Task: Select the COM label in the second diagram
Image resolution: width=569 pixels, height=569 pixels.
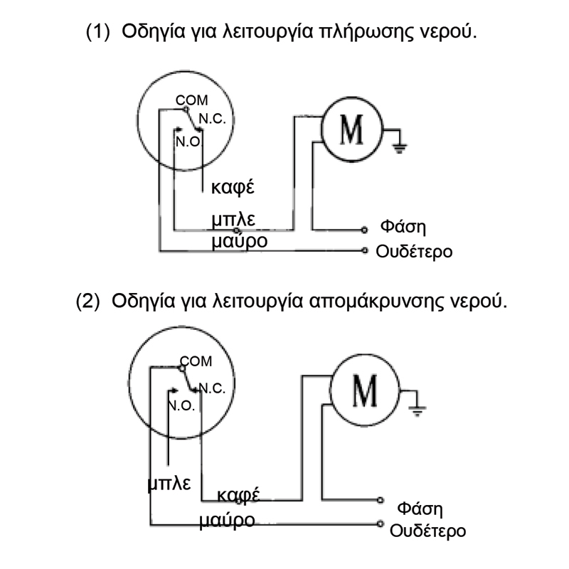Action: (197, 361)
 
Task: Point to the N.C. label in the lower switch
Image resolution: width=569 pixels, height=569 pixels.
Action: (212, 388)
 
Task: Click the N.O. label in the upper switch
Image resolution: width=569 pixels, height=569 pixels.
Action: (188, 139)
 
